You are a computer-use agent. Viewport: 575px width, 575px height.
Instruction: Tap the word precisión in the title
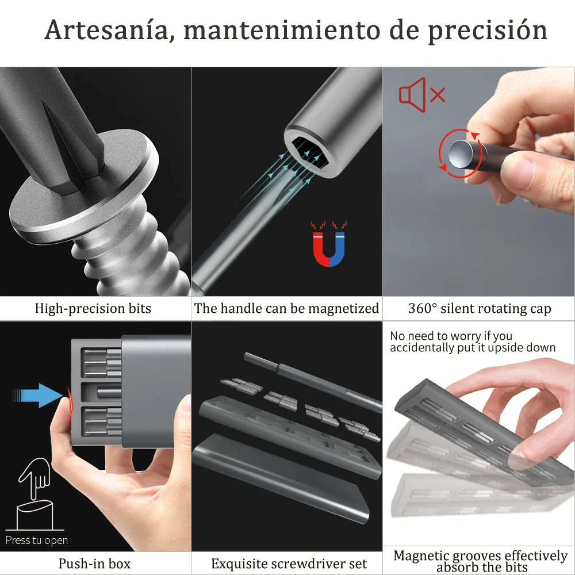(488, 32)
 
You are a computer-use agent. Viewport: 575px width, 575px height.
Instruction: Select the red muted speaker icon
(422, 95)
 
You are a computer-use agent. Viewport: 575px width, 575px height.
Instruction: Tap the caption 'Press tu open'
(37, 540)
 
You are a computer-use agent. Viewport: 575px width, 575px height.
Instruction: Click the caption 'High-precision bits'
(93, 309)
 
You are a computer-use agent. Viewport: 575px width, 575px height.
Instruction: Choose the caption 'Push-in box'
(94, 563)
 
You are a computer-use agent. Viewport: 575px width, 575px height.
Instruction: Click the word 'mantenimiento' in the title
(282, 30)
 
